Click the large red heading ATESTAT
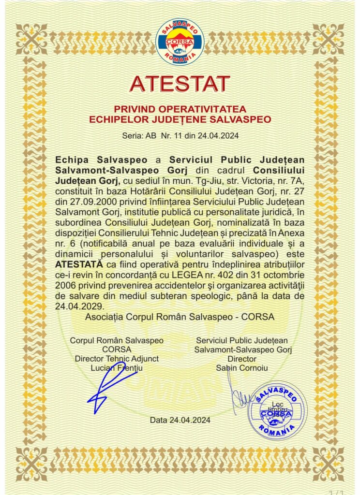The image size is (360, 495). [180, 84]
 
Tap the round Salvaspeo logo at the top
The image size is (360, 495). [180, 42]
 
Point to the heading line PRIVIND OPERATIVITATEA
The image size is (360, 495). [180, 108]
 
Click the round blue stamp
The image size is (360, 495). [277, 410]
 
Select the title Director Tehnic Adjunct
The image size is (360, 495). [117, 358]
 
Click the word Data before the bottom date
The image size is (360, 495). [159, 420]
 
